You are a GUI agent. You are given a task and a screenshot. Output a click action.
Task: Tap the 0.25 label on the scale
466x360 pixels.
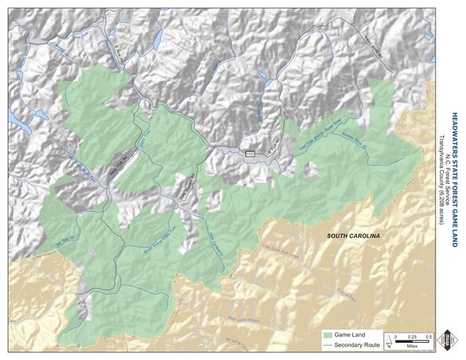[413, 336]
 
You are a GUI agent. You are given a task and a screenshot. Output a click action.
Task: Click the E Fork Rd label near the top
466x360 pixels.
[122, 48]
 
